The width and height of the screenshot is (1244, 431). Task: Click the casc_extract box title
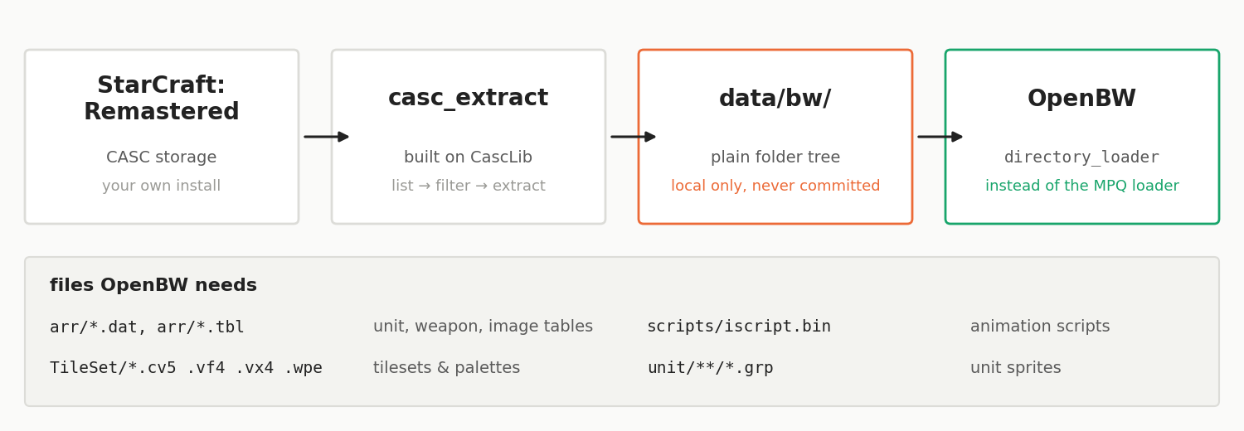point(469,98)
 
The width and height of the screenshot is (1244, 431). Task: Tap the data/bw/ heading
point(775,98)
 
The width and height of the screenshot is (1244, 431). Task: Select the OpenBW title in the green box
point(1081,98)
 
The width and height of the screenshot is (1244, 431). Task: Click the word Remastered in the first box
point(162,111)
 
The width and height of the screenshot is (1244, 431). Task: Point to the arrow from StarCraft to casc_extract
point(326,137)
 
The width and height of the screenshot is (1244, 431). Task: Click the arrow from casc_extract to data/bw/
point(633,137)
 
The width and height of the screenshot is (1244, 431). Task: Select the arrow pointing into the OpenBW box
point(940,137)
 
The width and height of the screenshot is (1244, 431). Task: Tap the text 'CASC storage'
point(162,157)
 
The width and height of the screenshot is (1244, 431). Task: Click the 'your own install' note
point(162,186)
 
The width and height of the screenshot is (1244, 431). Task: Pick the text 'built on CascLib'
point(469,157)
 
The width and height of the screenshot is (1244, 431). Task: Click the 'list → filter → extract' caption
point(469,186)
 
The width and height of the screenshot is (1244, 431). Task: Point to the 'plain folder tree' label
point(775,157)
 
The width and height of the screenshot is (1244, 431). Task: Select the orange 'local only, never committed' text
point(775,186)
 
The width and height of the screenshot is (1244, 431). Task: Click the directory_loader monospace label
point(1081,157)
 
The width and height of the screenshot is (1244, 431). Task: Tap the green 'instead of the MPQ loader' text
point(1081,186)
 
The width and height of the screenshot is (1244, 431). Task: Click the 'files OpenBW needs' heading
point(153,285)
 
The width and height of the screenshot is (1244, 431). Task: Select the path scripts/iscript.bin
point(739,327)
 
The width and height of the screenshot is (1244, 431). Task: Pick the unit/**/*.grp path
point(710,368)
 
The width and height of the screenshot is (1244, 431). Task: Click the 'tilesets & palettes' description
point(446,368)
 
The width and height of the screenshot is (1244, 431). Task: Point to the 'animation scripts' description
point(1040,327)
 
